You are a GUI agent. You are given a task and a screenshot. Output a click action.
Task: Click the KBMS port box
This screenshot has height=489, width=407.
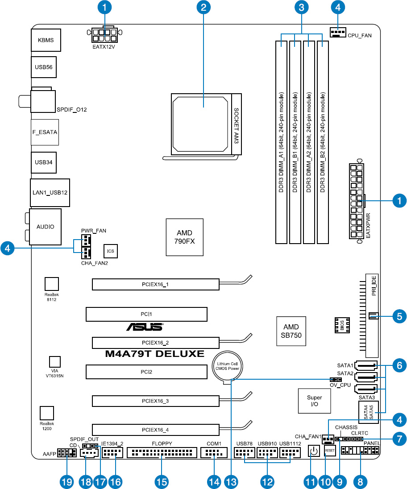pos(46,40)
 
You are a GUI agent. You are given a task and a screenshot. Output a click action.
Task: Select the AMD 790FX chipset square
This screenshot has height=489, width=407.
pos(185,237)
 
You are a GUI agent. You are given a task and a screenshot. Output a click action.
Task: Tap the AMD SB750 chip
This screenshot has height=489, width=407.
pos(291,331)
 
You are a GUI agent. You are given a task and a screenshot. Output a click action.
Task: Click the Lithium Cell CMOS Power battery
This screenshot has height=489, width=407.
pos(227,367)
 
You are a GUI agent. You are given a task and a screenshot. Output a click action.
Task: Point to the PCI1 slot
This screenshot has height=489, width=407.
pos(146,315)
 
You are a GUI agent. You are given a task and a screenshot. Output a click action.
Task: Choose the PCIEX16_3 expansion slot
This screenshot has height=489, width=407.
pos(156,401)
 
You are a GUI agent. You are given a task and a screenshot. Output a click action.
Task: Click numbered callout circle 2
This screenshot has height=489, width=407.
pos(203,7)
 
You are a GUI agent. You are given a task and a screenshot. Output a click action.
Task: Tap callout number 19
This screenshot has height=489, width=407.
pos(67,482)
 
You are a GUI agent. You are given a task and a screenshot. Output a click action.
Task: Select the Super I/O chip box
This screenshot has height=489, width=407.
pos(314,401)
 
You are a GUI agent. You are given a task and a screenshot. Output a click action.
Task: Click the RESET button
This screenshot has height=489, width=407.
pos(330,451)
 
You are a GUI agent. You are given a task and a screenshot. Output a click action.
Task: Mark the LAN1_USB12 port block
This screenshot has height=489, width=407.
pos(50,193)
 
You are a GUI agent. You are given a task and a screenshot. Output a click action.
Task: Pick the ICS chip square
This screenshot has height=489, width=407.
pos(111,251)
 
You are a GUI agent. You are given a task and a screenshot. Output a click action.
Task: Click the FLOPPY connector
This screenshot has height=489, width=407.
pos(162,452)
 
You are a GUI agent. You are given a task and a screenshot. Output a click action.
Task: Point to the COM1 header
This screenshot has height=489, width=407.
pos(214,452)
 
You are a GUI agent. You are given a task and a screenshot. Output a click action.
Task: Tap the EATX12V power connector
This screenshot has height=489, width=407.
pos(104,36)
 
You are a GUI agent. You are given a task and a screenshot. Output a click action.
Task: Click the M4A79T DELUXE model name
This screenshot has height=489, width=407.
pos(155,354)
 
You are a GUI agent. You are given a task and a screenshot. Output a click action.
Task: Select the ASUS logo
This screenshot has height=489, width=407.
pos(145,327)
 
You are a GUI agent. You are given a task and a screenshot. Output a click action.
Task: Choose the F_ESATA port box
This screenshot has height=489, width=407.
pos(45,132)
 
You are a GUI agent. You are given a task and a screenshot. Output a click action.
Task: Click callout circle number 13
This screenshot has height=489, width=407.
pos(231,482)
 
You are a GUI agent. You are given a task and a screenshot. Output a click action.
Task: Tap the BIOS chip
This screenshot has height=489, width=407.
pos(342,325)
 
